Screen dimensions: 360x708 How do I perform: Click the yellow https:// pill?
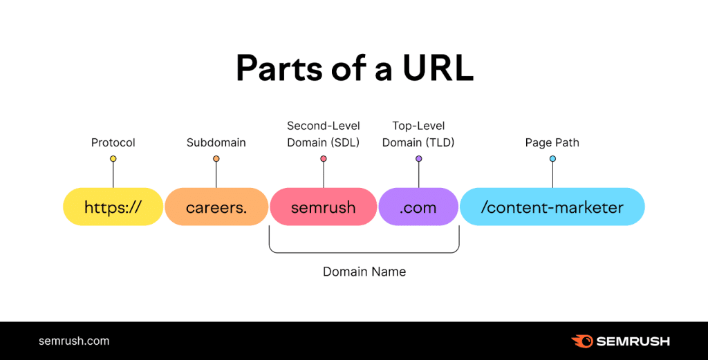pyautogui.click(x=113, y=207)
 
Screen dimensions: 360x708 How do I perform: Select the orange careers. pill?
pyautogui.click(x=216, y=207)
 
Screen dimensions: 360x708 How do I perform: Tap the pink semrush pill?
pyautogui.click(x=323, y=207)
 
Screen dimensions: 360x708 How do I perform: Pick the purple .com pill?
pyautogui.click(x=418, y=207)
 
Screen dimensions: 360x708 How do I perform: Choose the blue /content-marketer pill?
pyautogui.click(x=552, y=207)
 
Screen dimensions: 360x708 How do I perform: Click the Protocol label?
pyautogui.click(x=113, y=143)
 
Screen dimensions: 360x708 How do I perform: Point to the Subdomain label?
pyautogui.click(x=216, y=143)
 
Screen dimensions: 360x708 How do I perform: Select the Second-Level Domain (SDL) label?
pyautogui.click(x=323, y=135)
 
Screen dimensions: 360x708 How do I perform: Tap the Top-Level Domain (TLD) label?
pyautogui.click(x=418, y=135)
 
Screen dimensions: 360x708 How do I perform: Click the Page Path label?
pyautogui.click(x=552, y=143)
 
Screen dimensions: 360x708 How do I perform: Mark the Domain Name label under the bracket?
pyautogui.click(x=364, y=272)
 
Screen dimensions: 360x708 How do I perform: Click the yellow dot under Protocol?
pyautogui.click(x=113, y=159)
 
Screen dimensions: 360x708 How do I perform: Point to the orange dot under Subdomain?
pyautogui.click(x=216, y=159)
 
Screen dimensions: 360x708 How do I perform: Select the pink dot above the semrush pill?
pyautogui.click(x=323, y=159)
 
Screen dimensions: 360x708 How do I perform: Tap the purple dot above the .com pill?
pyautogui.click(x=418, y=159)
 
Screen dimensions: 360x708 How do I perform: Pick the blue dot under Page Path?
pyautogui.click(x=552, y=159)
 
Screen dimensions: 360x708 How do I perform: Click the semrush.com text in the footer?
pyautogui.click(x=74, y=341)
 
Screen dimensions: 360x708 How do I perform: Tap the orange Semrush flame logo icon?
pyautogui.click(x=581, y=341)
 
